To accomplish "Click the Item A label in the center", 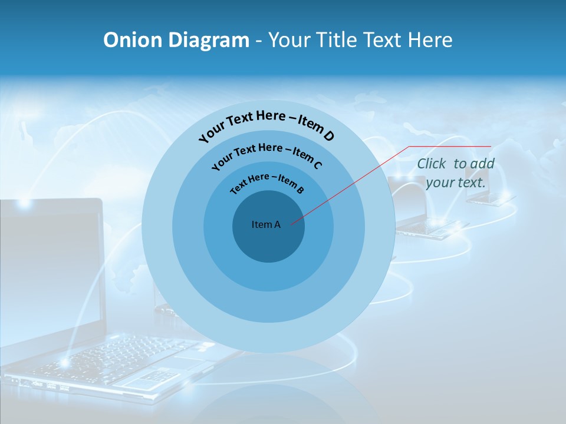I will pyautogui.click(x=266, y=224).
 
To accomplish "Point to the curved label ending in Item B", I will pyautogui.click(x=267, y=183).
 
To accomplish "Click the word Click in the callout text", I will pyautogui.click(x=432, y=164).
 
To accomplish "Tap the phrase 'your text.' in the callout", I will pyautogui.click(x=456, y=183).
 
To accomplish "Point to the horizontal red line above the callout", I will pyautogui.click(x=450, y=146).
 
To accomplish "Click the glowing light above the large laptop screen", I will pyautogui.click(x=24, y=203).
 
